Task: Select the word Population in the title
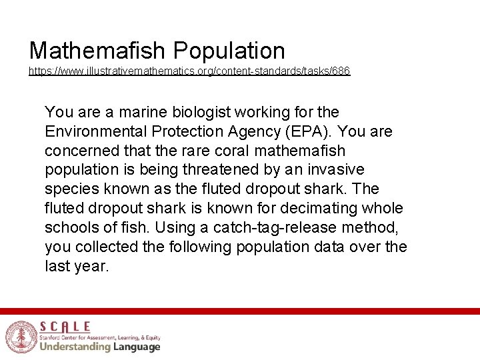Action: coord(229,51)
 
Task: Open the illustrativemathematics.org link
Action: coord(189,71)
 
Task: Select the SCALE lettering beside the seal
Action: coord(65,327)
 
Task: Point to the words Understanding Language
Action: coord(100,347)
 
